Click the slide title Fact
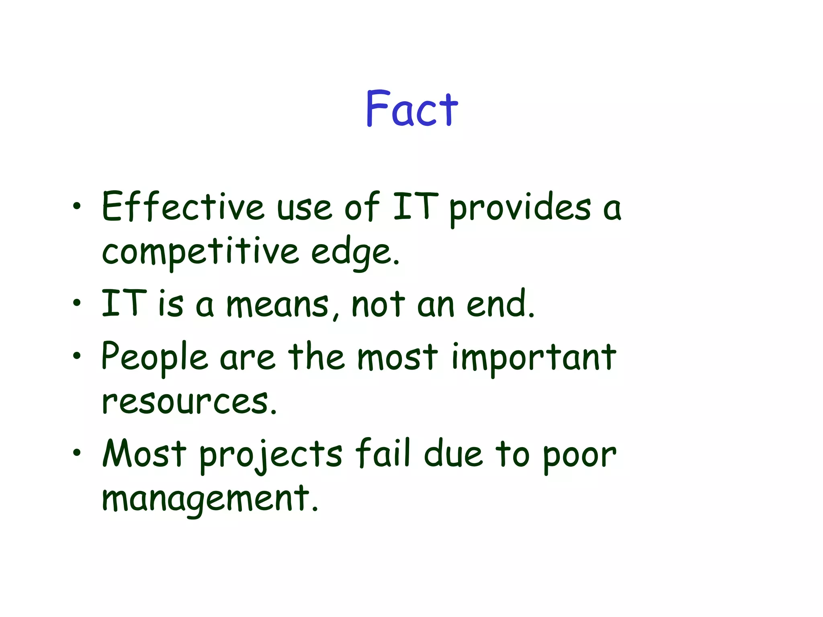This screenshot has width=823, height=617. [411, 108]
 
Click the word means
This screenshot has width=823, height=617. [277, 304]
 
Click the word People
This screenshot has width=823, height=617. [154, 357]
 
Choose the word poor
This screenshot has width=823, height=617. [579, 456]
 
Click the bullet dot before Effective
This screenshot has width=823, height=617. [77, 206]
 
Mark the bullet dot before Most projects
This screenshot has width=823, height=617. [77, 453]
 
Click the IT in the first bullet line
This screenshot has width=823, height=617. [416, 206]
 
